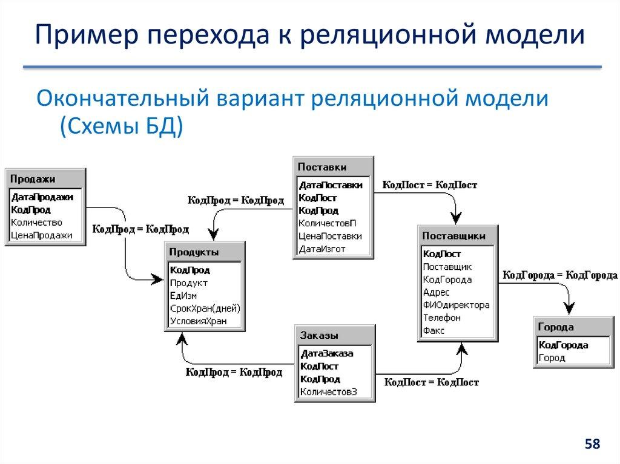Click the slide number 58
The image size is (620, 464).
pos(592,445)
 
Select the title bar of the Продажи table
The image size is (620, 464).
pos(45,178)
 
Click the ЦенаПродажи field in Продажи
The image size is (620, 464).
pos(41,235)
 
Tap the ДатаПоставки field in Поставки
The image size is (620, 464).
pos(331,185)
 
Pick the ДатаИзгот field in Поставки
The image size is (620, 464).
pos(322,249)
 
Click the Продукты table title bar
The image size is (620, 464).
pos(205,252)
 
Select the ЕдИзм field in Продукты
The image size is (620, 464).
pos(183,296)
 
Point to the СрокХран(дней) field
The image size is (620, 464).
pos(205,309)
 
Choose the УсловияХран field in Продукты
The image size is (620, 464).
pos(199,321)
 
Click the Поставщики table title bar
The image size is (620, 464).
pos(458,235)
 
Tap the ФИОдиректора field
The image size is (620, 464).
pos(456,305)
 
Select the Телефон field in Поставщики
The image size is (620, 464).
pos(441,318)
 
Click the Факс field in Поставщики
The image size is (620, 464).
pos(434,330)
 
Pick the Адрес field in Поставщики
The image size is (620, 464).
pos(436,292)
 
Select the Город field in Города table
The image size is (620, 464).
pos(552,358)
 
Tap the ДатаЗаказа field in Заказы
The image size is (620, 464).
pos(327,353)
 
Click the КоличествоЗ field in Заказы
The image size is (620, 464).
pos(329,392)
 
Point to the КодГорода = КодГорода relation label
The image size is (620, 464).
pos(559,275)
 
